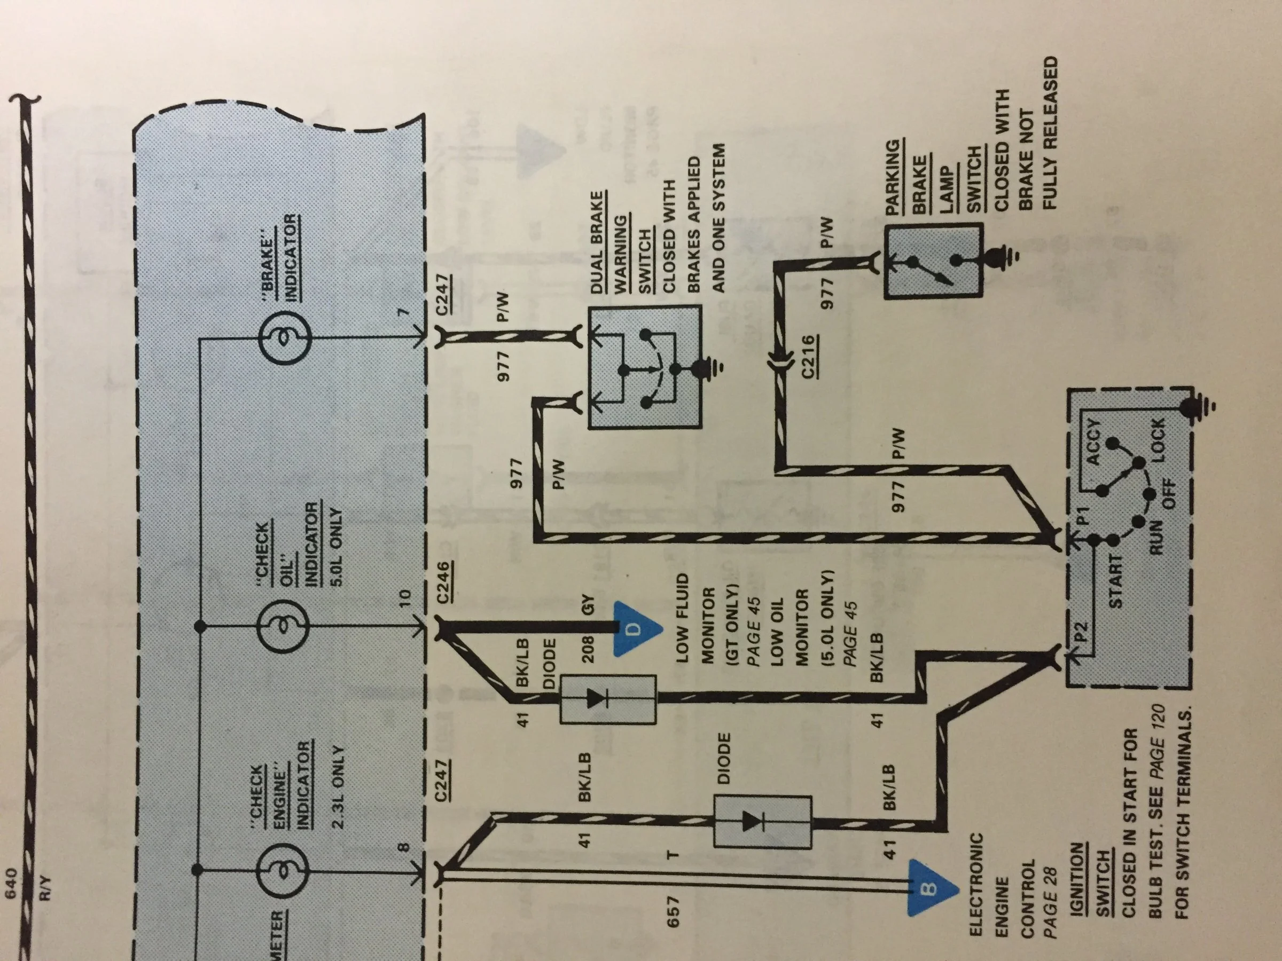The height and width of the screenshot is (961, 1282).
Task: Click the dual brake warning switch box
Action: [645, 367]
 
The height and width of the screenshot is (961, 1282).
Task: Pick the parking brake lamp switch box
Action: [933, 262]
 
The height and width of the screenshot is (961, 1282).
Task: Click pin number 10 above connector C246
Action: [404, 597]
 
